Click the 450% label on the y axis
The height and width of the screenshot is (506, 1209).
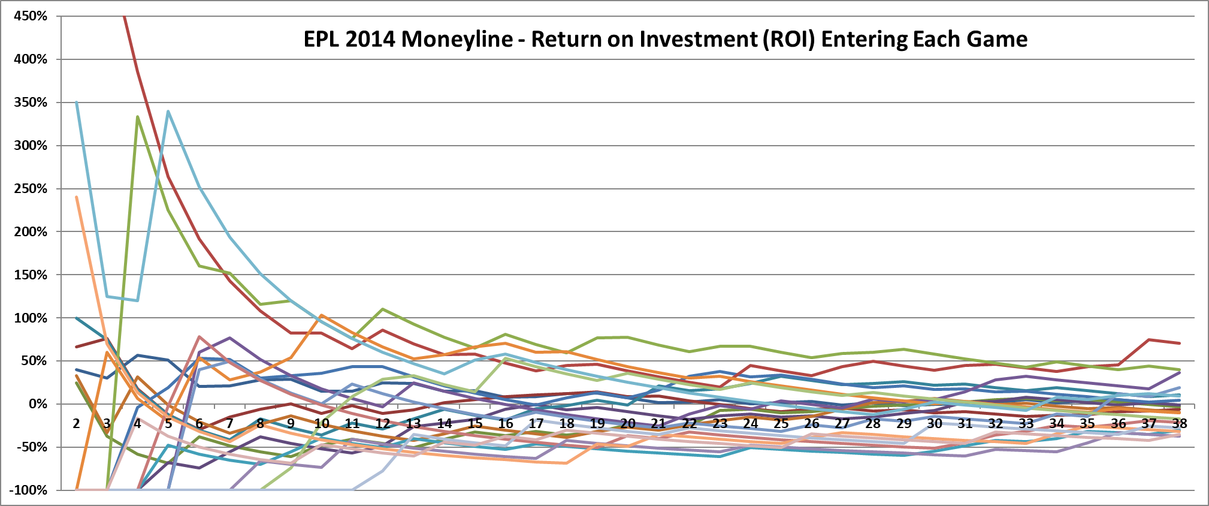31,16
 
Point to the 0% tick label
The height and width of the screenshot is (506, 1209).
37,404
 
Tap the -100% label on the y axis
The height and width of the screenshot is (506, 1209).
28,490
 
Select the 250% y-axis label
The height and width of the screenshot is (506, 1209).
31,189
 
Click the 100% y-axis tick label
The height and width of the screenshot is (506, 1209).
31,318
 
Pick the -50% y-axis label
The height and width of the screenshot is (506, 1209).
31,447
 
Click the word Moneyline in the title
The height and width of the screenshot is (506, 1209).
457,40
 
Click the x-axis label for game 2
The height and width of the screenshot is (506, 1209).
76,424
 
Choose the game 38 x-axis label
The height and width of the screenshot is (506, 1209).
1179,424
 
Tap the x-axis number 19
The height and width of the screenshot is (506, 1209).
597,424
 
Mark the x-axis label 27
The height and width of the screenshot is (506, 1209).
842,424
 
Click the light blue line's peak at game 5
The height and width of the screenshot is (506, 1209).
168,111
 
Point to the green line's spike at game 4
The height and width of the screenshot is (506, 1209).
138,117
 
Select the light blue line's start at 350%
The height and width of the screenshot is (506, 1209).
76,103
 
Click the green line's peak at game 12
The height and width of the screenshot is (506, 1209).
383,309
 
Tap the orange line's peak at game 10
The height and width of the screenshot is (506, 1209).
322,315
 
